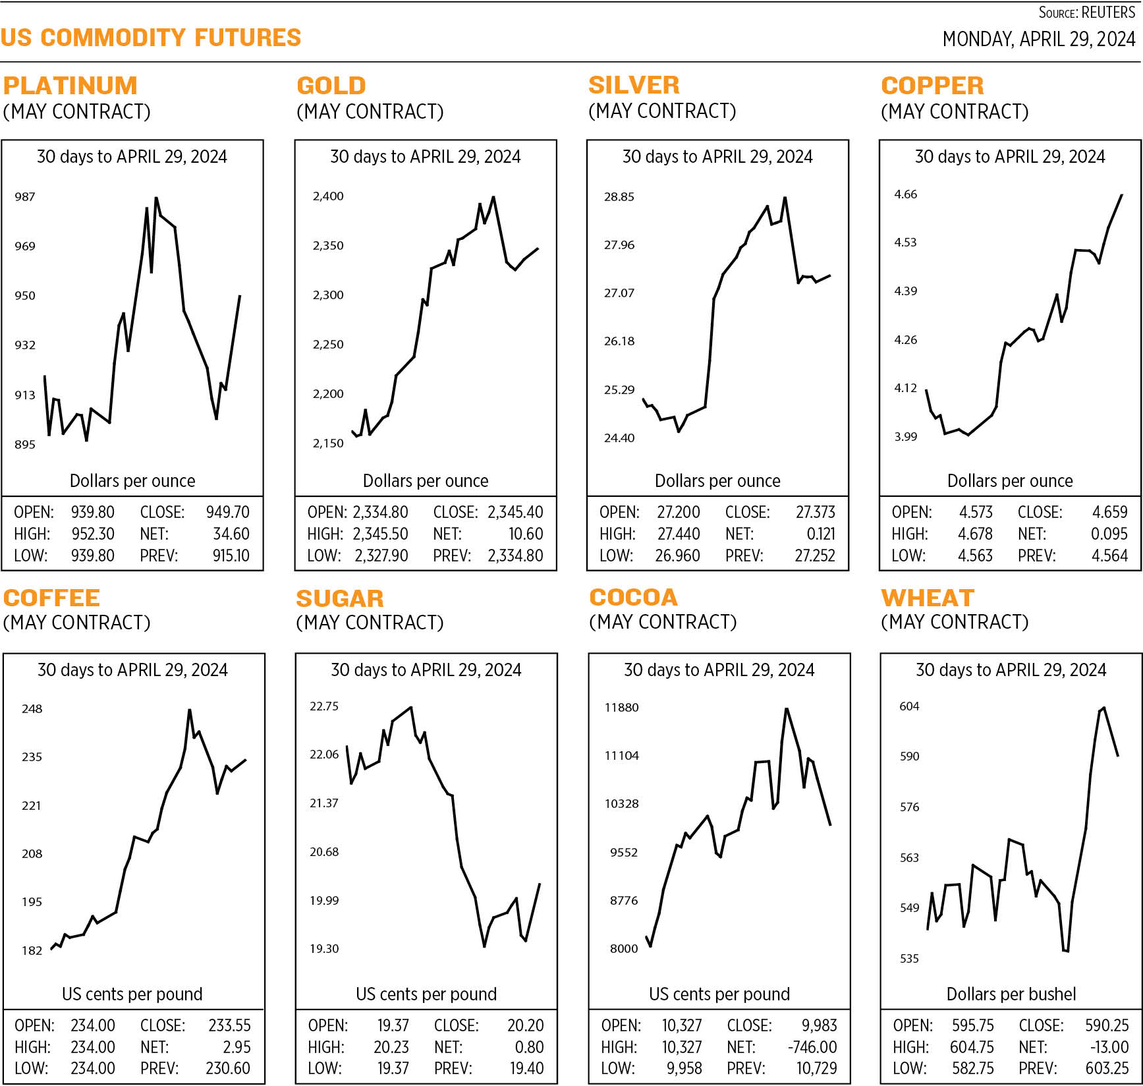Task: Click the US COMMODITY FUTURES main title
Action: pyautogui.click(x=151, y=38)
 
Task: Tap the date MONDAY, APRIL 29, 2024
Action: pyautogui.click(x=1038, y=40)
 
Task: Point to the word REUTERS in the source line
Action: pyautogui.click(x=1108, y=13)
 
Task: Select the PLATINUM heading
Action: pyautogui.click(x=70, y=86)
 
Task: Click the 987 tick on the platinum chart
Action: pyautogui.click(x=25, y=196)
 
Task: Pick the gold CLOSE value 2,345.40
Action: pyautogui.click(x=515, y=512)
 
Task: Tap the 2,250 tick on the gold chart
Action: pyautogui.click(x=328, y=344)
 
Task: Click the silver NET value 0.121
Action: pyautogui.click(x=821, y=534)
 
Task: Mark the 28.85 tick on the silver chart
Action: pyautogui.click(x=619, y=196)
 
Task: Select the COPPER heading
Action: pyautogui.click(x=932, y=86)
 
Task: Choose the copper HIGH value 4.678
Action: pyautogui.click(x=975, y=534)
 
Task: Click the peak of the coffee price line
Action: pyautogui.click(x=190, y=710)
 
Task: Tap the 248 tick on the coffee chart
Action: pyautogui.click(x=32, y=708)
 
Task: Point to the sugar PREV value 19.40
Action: pyautogui.click(x=527, y=1068)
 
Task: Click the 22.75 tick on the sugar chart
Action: pyautogui.click(x=324, y=706)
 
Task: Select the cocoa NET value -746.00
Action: pyautogui.click(x=812, y=1047)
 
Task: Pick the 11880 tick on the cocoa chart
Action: pyautogui.click(x=621, y=707)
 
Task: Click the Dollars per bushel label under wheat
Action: pyautogui.click(x=1011, y=994)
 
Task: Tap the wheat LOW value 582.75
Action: pyautogui.click(x=972, y=1068)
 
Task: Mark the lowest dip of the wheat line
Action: pyautogui.click(x=1065, y=951)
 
